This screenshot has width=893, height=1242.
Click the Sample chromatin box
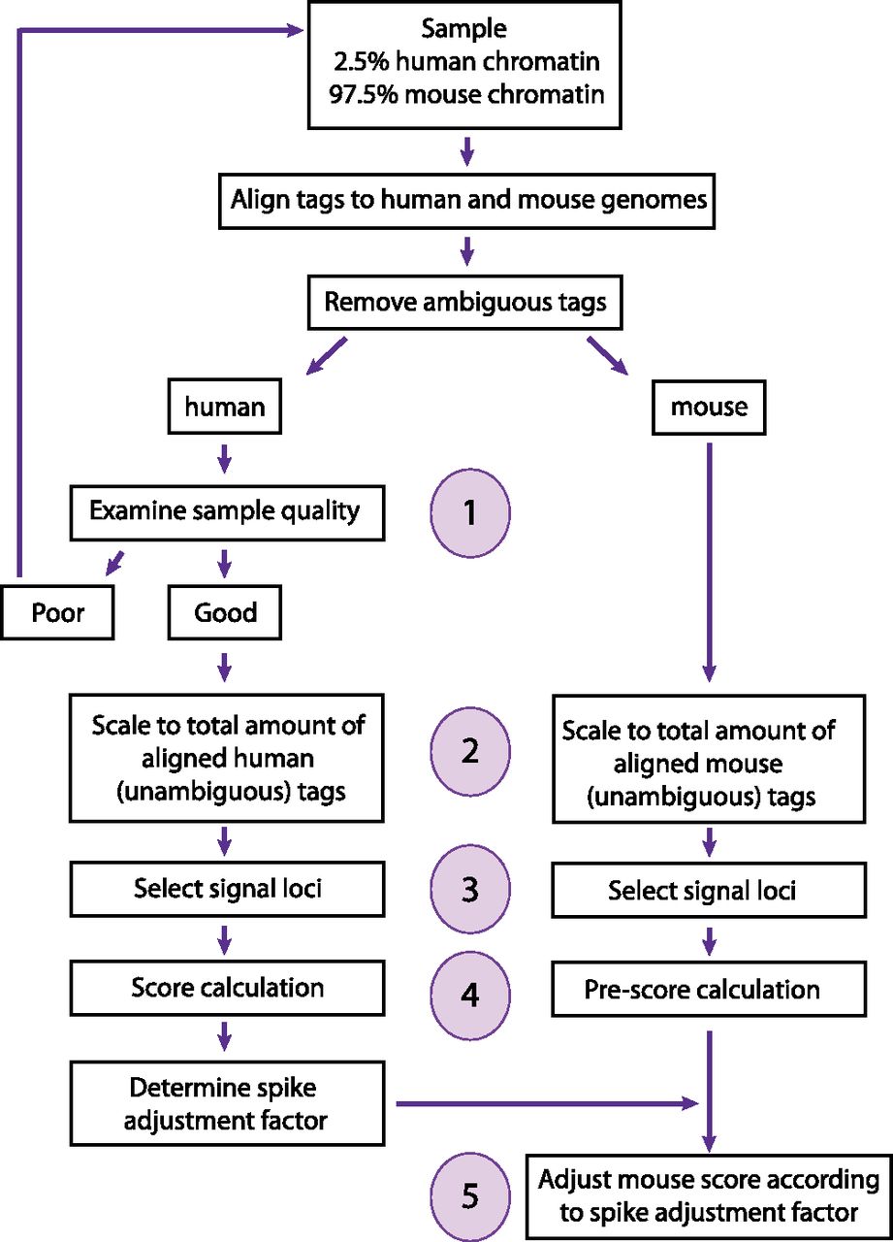click(x=464, y=64)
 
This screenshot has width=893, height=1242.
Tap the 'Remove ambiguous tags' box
click(x=464, y=302)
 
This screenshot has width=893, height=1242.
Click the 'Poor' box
click(x=57, y=612)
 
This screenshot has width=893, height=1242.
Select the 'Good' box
click(x=226, y=612)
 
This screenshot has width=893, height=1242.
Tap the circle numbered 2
click(x=470, y=752)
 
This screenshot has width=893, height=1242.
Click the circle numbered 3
click(x=470, y=889)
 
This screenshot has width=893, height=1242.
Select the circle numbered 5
click(x=470, y=1195)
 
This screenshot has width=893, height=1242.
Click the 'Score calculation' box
click(x=226, y=988)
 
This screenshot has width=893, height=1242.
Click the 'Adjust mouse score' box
click(x=709, y=1196)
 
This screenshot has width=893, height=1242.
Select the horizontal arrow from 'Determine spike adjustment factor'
click(x=543, y=1103)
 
